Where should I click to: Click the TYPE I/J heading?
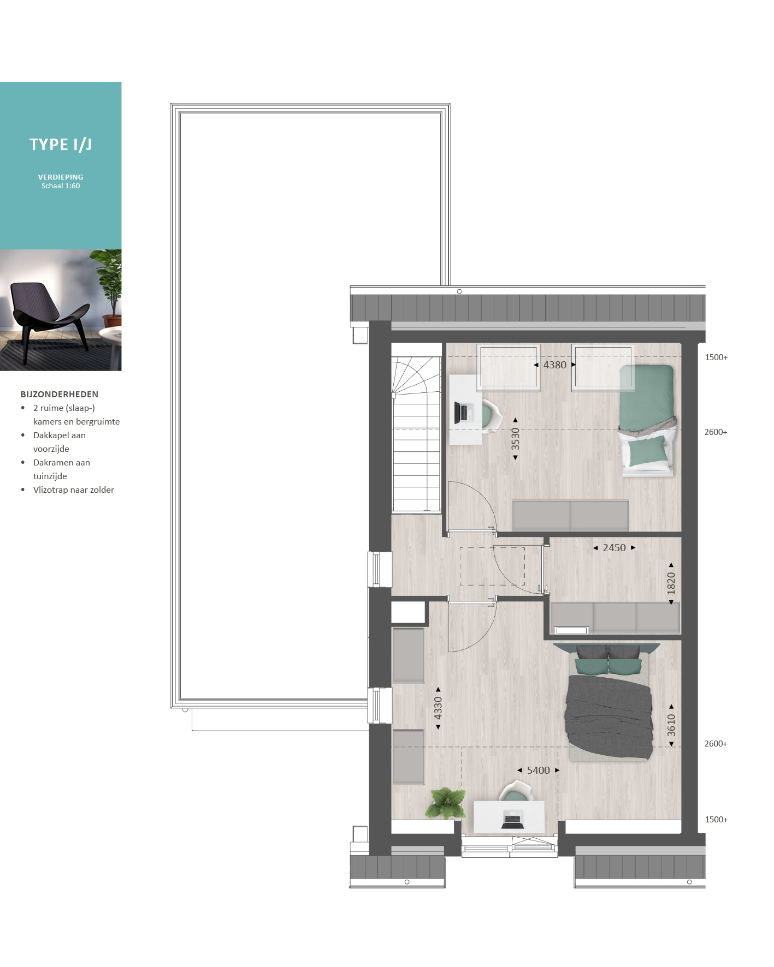click(61, 145)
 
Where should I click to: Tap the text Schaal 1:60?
click(61, 186)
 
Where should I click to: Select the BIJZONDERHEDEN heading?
click(60, 394)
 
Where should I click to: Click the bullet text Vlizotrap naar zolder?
click(74, 490)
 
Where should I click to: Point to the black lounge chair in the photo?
click(51, 320)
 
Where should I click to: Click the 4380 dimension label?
click(555, 365)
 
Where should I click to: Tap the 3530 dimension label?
click(515, 439)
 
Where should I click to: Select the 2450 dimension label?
click(615, 548)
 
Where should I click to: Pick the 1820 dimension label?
click(671, 583)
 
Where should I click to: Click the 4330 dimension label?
click(438, 708)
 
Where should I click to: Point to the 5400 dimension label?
click(539, 771)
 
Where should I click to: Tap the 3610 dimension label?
click(671, 725)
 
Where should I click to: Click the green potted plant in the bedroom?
click(446, 803)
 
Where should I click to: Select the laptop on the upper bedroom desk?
click(462, 413)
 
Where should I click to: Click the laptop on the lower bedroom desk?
click(512, 821)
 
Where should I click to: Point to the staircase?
click(416, 434)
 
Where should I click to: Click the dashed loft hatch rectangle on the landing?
click(492, 566)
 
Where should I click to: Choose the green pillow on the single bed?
click(648, 451)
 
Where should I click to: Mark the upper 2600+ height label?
click(716, 432)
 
